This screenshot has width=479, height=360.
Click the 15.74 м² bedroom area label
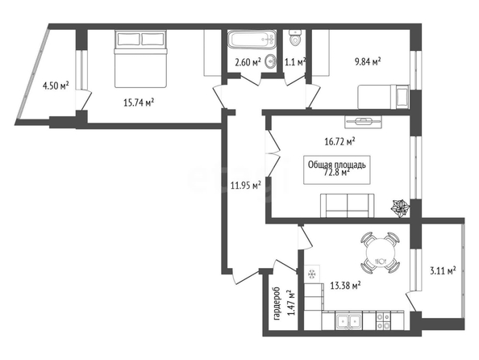coord(139,103)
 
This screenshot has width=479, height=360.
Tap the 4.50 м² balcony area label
coord(56,86)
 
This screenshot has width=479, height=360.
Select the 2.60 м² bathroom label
coord(248,62)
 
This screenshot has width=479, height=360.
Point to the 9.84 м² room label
coord(368,62)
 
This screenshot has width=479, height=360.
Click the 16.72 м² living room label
coord(339,141)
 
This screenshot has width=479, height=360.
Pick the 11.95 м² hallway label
coord(246,185)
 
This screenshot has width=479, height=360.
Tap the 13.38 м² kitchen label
coord(345,286)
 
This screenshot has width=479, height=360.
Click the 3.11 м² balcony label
coord(443,270)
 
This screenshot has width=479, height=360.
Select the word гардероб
coord(277,303)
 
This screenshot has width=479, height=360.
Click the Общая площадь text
coord(336,165)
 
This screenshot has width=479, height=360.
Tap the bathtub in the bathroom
coord(252,40)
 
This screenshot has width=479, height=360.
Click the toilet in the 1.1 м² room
coord(295,38)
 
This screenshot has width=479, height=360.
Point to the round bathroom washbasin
coord(270,62)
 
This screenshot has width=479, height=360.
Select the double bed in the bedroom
coord(141,58)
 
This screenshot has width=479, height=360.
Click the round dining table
coord(381,253)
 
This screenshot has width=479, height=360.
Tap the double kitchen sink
coord(348,321)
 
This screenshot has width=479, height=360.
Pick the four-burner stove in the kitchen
coord(383,320)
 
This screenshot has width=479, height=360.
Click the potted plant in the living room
coord(401,208)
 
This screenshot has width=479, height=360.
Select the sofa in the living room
coord(348,206)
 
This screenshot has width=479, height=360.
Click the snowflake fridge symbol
coord(312,274)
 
